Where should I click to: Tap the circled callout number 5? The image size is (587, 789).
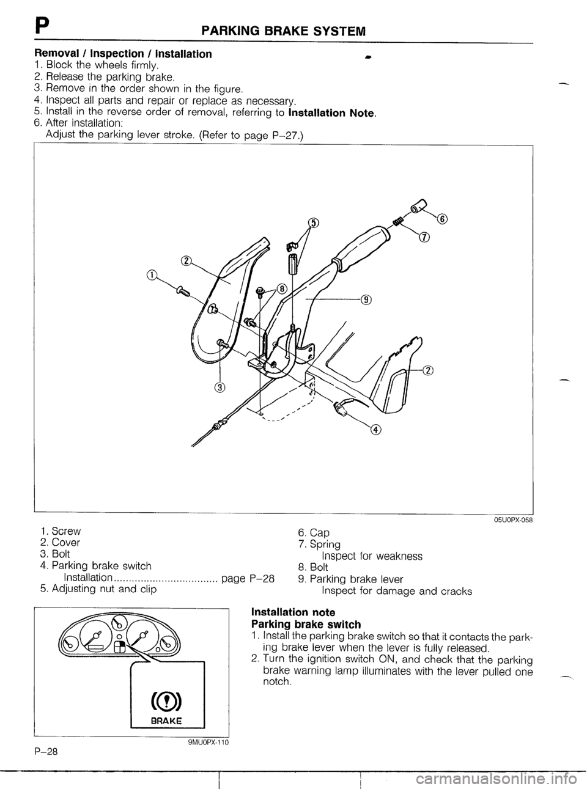[313, 223]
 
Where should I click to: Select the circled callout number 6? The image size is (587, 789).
[443, 219]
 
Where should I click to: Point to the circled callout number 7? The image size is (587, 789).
[424, 238]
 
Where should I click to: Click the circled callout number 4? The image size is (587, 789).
[375, 430]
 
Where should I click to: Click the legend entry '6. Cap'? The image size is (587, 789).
[313, 532]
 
